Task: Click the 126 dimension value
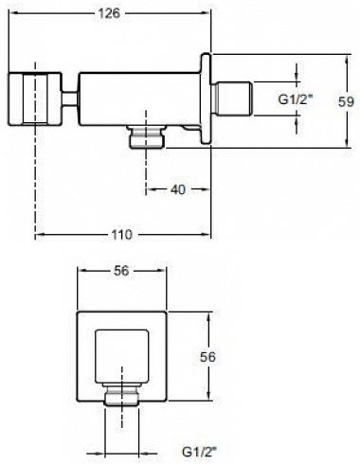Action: [x=109, y=13]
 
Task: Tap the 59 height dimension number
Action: [x=346, y=101]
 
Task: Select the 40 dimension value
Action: [x=178, y=189]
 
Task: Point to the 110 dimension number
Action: [x=121, y=235]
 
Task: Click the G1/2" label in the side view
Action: [x=295, y=99]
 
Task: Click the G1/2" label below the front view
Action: [x=199, y=452]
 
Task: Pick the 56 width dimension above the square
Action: [x=121, y=271]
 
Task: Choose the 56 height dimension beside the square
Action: [x=207, y=357]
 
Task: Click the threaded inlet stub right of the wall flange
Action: [x=232, y=98]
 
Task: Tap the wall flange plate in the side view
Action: [x=206, y=99]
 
